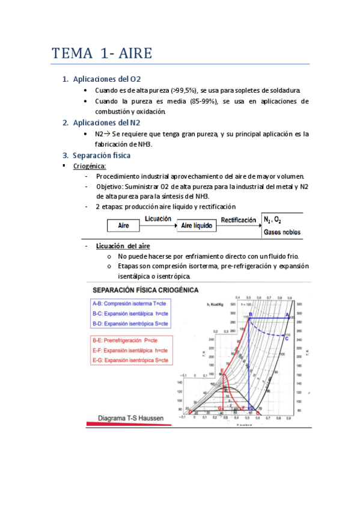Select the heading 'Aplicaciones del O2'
pyautogui.click(x=106, y=79)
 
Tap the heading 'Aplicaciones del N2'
pyautogui.click(x=106, y=123)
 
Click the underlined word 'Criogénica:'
pyautogui.click(x=90, y=165)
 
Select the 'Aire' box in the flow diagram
pyautogui.click(x=124, y=225)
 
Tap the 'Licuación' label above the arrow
pyautogui.click(x=158, y=220)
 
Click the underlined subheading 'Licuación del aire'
pyautogui.click(x=123, y=246)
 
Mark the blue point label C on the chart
pyautogui.click(x=286, y=339)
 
